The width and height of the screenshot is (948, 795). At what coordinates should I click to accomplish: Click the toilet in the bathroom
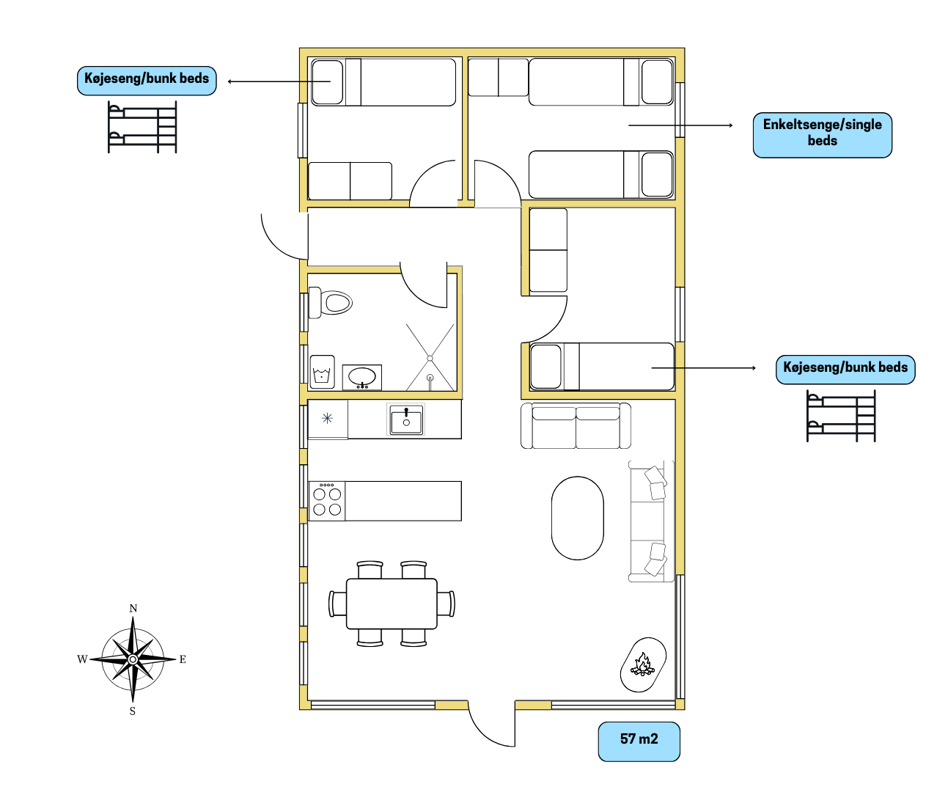click(330, 303)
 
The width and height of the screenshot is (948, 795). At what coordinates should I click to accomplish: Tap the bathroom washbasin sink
click(362, 377)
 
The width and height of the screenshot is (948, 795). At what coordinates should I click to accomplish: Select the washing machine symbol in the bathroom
click(322, 372)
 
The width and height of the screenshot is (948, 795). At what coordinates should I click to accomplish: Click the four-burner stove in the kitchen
click(327, 501)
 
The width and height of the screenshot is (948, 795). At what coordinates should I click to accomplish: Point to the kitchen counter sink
click(406, 420)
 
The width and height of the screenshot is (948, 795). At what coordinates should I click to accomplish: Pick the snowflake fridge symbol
click(327, 418)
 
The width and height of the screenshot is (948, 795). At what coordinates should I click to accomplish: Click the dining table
click(392, 604)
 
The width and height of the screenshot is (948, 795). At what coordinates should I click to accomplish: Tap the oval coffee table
click(578, 519)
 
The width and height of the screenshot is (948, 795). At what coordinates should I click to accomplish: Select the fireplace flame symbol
click(643, 664)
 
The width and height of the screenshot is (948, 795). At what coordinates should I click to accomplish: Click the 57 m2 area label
click(639, 739)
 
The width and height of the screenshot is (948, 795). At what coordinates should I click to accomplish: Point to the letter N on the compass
click(133, 608)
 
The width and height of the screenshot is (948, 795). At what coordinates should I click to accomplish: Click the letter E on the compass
click(183, 659)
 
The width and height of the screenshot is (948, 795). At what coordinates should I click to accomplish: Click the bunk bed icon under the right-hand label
click(841, 416)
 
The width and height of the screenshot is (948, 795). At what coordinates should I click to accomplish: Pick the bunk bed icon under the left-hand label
click(142, 127)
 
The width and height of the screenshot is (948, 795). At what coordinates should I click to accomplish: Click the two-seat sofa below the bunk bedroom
click(576, 425)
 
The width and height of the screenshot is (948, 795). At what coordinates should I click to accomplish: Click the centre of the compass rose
click(133, 659)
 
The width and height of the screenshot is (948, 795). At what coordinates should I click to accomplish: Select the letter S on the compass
click(133, 711)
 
